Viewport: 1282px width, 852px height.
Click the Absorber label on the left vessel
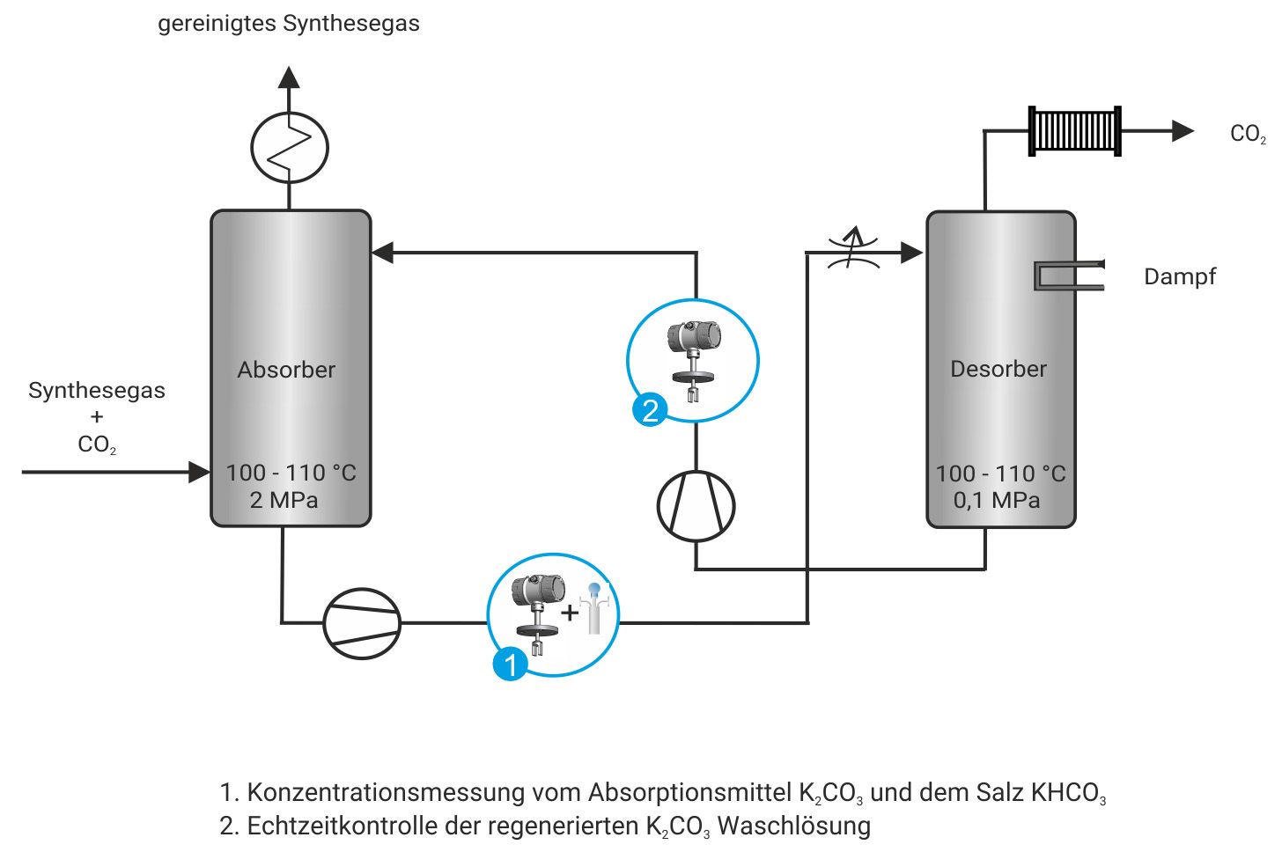[286, 370]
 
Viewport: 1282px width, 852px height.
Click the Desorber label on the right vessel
[998, 369]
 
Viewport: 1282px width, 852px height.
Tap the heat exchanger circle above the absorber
[290, 147]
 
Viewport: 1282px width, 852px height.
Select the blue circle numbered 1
[511, 663]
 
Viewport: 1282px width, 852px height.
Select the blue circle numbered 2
[650, 410]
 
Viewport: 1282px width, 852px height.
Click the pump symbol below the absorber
[362, 623]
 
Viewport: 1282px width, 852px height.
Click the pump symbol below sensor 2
[696, 506]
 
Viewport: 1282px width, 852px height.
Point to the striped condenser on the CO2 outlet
[1074, 131]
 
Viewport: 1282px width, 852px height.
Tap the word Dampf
[1179, 276]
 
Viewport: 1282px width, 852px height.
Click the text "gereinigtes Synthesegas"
[288, 24]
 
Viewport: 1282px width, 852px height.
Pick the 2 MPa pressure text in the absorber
[284, 500]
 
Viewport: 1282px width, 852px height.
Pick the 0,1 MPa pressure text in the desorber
[997, 500]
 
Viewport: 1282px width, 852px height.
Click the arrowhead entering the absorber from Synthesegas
[200, 472]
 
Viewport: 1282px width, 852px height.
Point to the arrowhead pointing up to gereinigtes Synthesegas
[289, 77]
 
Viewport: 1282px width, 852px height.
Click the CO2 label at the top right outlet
[1247, 134]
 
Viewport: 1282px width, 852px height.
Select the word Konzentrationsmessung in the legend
[386, 792]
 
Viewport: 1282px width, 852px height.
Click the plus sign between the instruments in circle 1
[570, 612]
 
